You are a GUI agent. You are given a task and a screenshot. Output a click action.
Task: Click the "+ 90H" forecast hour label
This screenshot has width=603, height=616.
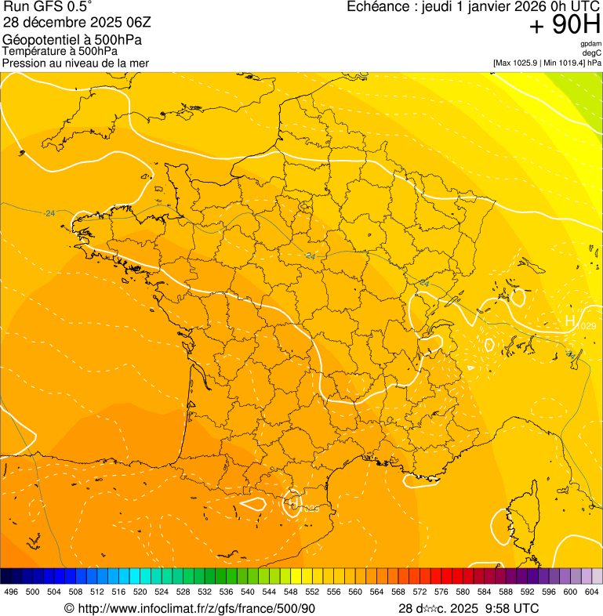tap(565, 25)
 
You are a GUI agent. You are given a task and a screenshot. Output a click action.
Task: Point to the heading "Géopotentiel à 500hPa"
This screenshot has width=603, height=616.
tap(72, 40)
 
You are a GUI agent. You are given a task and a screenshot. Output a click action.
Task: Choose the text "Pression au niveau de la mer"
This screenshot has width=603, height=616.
tap(75, 63)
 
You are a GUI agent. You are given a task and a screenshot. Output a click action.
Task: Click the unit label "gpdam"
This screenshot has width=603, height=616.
tap(590, 44)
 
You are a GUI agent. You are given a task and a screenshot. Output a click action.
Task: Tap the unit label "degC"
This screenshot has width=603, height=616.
tap(592, 53)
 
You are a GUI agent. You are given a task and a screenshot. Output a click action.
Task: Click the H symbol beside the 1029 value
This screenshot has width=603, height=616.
tap(571, 321)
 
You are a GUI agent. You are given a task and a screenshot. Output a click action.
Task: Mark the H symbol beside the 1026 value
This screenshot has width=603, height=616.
tap(292, 504)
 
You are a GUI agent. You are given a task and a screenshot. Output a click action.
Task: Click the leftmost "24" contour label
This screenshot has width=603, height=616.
tap(50, 213)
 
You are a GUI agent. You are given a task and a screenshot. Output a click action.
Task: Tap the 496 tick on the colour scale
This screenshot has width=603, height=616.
tap(11, 592)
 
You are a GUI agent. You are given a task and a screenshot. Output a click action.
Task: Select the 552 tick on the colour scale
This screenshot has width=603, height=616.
tap(312, 592)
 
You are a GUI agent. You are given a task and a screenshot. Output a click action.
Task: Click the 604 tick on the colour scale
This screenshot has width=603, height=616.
tap(592, 592)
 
